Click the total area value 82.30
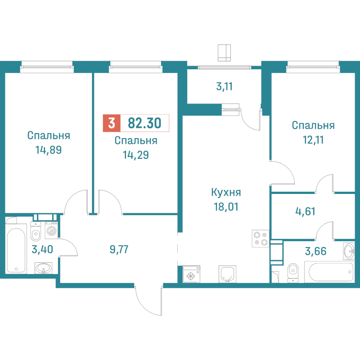[144, 123]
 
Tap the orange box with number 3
[112, 123]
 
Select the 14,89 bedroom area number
[49, 150]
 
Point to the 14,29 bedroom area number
[136, 155]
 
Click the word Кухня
[226, 193]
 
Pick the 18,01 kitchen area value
[226, 207]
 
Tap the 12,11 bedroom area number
[313, 140]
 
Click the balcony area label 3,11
[225, 86]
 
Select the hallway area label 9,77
[119, 249]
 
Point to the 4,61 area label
[306, 211]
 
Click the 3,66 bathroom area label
[316, 251]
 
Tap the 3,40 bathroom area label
[42, 249]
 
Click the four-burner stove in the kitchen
[261, 238]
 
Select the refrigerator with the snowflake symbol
[191, 274]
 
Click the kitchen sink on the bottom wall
[227, 274]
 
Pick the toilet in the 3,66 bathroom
[293, 273]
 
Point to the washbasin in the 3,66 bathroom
[349, 251]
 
